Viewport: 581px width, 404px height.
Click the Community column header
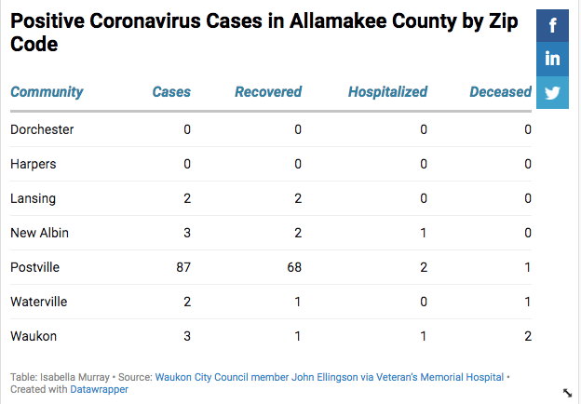tap(47, 92)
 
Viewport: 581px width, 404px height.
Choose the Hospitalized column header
tap(387, 92)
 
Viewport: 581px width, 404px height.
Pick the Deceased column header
tap(500, 92)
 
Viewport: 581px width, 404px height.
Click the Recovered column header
tap(268, 92)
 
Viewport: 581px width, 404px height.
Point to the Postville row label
tap(34, 267)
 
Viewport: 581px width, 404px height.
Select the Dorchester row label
tap(42, 129)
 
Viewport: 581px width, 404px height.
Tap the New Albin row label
tap(39, 233)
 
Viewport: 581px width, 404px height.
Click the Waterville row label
tap(38, 302)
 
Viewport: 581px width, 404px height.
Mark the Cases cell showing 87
tap(182, 267)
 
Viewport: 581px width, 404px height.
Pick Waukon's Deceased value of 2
tap(527, 336)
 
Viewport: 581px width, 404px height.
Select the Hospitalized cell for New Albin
tap(423, 233)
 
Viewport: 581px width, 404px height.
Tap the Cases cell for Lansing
tap(186, 198)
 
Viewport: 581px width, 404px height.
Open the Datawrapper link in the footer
tap(99, 389)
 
